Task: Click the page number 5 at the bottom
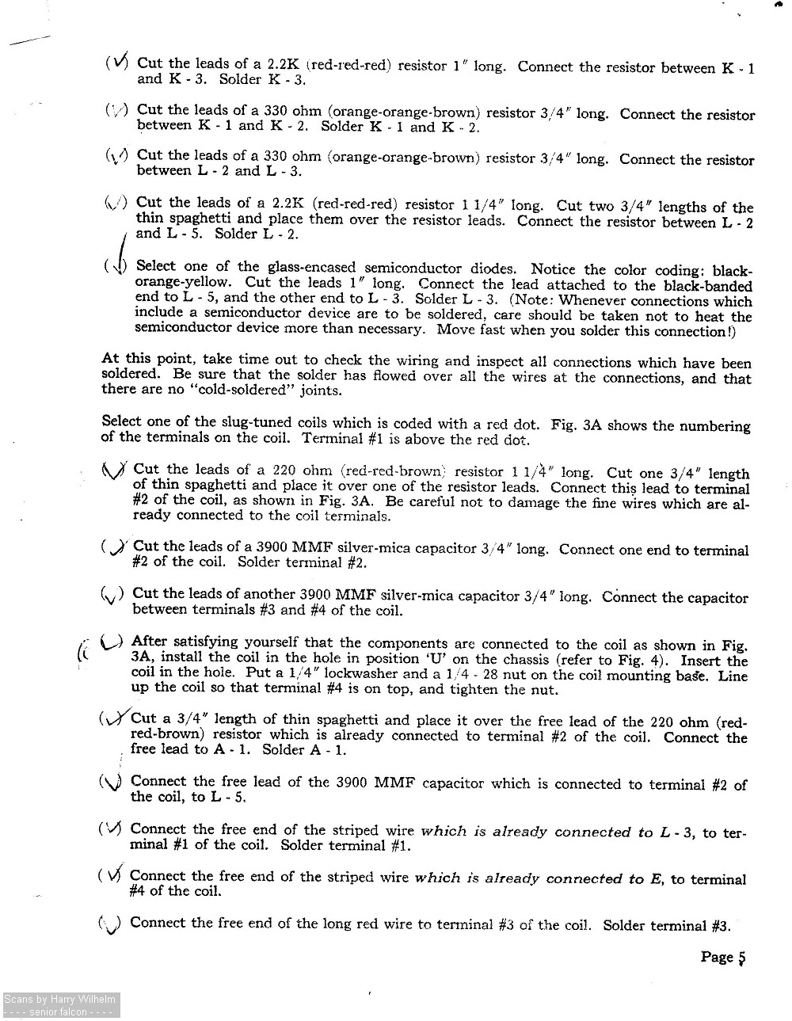tap(741, 958)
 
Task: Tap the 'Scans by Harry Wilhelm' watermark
tap(60, 1000)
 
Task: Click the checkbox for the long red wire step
tap(111, 924)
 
